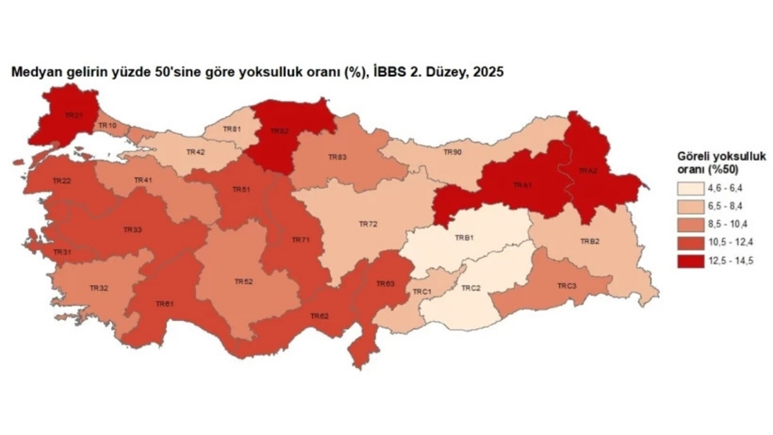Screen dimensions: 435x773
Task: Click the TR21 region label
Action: (74, 115)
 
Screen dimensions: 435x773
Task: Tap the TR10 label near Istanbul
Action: (108, 125)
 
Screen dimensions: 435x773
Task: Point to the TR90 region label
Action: (453, 152)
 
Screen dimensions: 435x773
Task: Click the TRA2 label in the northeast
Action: (588, 171)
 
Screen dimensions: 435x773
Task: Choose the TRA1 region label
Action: (523, 185)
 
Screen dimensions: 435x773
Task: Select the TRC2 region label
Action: (471, 288)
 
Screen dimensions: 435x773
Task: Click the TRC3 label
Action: (566, 285)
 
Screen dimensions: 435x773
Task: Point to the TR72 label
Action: (368, 224)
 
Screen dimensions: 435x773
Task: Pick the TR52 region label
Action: (243, 282)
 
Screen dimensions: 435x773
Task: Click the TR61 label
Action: (164, 304)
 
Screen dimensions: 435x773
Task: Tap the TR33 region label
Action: (132, 230)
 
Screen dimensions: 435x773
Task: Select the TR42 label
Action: (196, 152)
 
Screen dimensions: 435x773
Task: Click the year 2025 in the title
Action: (489, 72)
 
